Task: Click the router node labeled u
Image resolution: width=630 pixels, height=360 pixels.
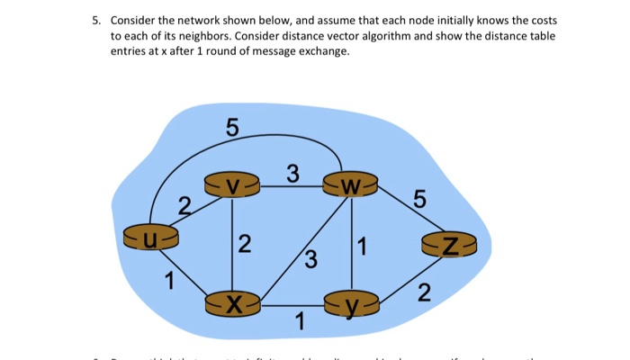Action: [x=150, y=238]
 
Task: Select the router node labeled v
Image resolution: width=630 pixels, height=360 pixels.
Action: [x=233, y=186]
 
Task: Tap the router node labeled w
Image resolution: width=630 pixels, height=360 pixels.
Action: [x=351, y=187]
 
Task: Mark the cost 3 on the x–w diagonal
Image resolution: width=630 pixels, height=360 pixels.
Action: [x=310, y=262]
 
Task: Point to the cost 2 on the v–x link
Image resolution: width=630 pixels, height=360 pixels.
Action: [x=246, y=243]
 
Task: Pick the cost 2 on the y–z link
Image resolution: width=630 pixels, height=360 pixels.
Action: [x=424, y=292]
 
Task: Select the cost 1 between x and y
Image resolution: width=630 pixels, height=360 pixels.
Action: [x=300, y=320]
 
